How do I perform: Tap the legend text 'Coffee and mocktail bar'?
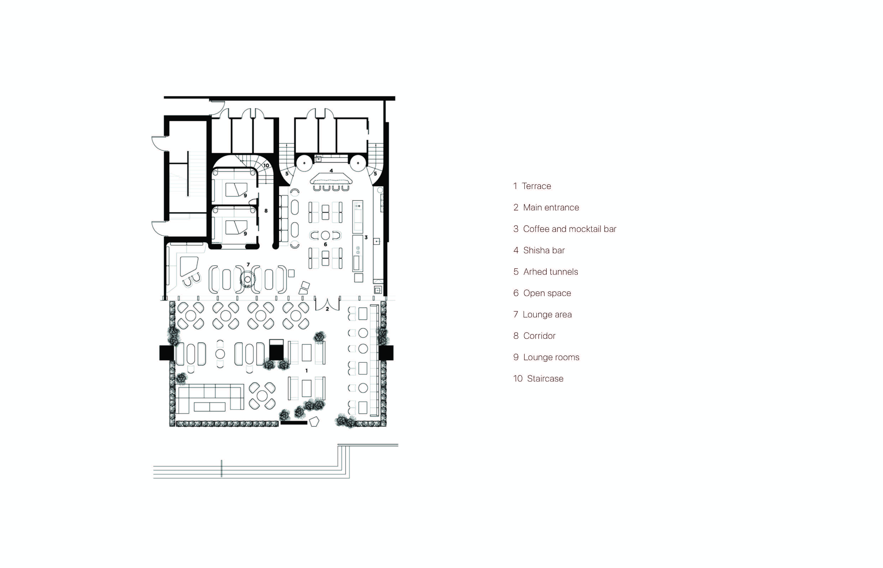(x=565, y=229)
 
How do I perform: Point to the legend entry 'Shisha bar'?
(x=539, y=250)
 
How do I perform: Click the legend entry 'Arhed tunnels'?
(x=545, y=272)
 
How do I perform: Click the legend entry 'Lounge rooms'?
(x=546, y=357)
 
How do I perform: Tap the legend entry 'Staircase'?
(x=538, y=379)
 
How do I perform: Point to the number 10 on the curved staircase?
(x=266, y=166)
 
